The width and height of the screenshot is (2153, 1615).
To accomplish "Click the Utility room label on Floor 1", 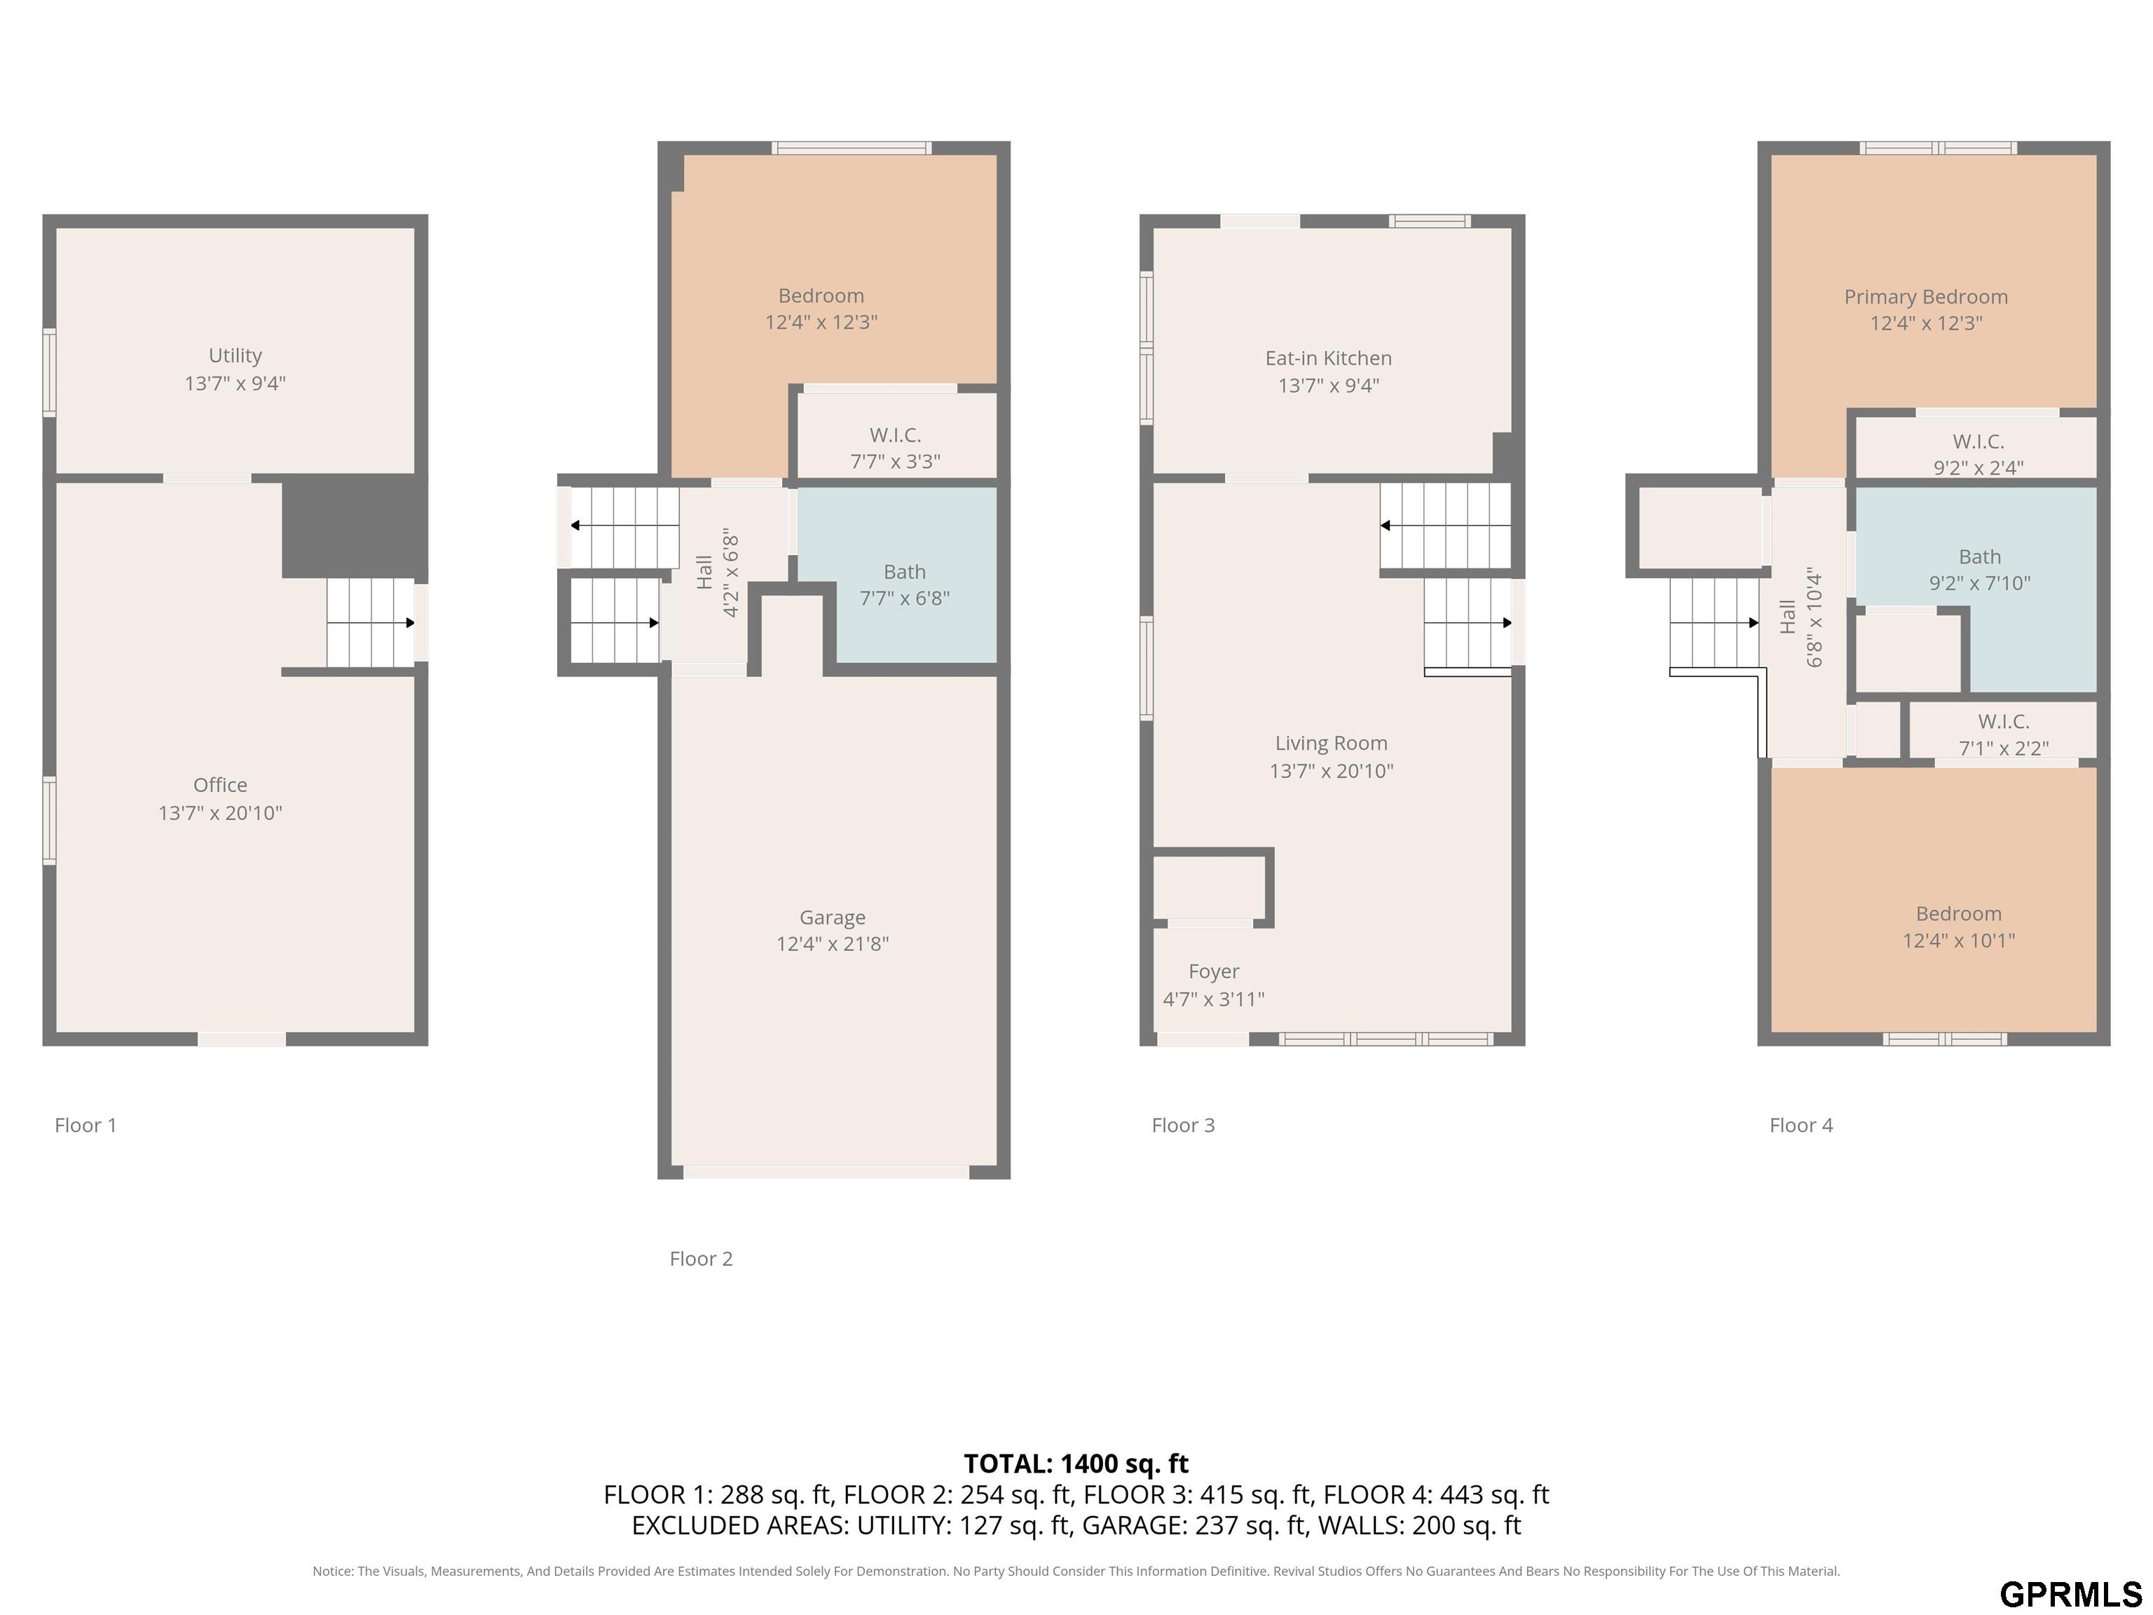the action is pos(235,355).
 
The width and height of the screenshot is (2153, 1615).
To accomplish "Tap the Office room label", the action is pos(220,784).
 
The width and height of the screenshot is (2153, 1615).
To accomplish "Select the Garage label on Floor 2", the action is pos(832,917).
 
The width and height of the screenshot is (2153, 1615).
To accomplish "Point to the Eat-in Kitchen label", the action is pos(1329,358).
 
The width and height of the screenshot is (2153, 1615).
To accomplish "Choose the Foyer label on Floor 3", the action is pos(1214,972).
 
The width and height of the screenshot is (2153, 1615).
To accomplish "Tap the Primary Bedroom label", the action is pos(1926,297).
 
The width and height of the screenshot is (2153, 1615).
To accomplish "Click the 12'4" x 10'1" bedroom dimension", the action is pos(1958,941).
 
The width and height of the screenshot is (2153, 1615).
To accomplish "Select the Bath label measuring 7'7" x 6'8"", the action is pos(904,571).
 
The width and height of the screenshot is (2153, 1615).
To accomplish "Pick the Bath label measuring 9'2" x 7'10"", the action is pos(1980,557).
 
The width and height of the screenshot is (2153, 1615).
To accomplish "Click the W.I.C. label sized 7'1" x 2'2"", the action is pos(2003,721).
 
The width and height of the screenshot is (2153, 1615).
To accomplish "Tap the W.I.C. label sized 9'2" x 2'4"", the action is pos(1978,441).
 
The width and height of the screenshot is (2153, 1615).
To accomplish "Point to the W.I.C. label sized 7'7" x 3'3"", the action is pos(894,435).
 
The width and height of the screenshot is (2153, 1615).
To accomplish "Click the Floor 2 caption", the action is pos(701,1259).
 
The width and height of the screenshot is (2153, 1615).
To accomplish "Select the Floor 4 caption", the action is pos(1800,1125).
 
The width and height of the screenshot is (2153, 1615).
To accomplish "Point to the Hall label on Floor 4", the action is pos(1787,616).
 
